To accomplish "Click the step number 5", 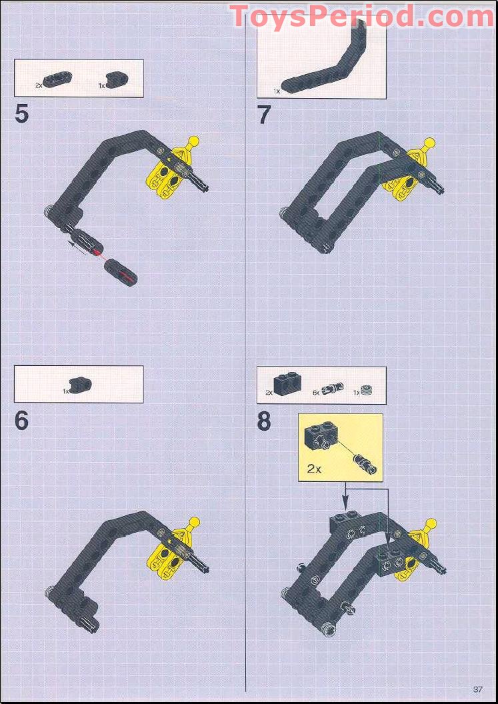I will click(x=22, y=114).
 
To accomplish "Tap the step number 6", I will click(x=22, y=421).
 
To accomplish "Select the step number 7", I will click(x=265, y=115).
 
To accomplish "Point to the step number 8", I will click(x=265, y=421).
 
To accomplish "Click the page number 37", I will click(x=477, y=689).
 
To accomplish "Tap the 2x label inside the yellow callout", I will click(x=315, y=468).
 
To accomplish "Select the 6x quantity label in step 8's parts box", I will click(x=316, y=393).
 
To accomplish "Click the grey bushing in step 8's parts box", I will click(x=365, y=391).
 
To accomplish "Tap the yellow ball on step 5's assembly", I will click(x=193, y=141).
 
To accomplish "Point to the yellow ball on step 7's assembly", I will click(x=430, y=142).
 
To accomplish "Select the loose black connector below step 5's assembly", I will click(x=122, y=270).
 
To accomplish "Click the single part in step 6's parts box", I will click(x=82, y=385).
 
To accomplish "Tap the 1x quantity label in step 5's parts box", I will click(x=102, y=86).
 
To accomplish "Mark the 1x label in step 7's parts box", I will click(x=276, y=91).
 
